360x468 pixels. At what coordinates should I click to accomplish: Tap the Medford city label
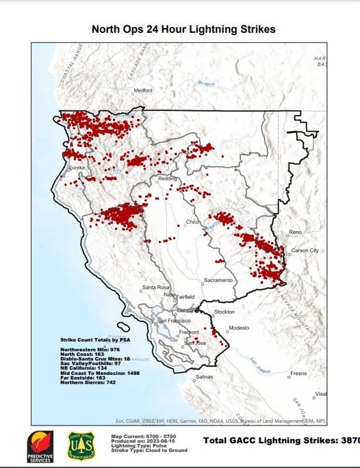point(142,90)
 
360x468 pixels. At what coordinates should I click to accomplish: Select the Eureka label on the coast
point(76,167)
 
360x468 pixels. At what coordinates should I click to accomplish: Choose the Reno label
point(295,233)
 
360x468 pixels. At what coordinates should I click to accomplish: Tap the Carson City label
point(305,250)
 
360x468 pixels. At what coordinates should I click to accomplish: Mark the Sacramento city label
point(218,281)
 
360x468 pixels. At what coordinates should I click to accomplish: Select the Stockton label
point(224,311)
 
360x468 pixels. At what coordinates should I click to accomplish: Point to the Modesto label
point(239,328)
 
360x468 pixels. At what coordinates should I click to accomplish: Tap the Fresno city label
point(298,374)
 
